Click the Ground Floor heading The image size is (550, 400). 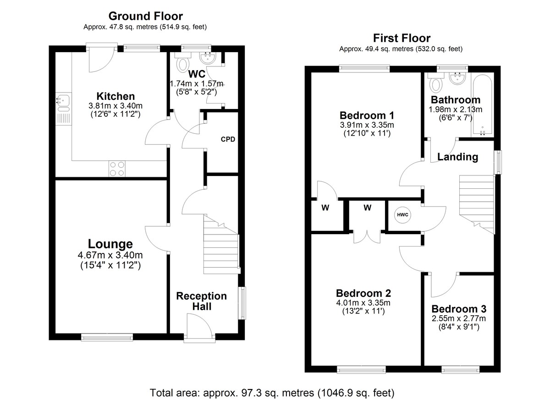tap(146, 16)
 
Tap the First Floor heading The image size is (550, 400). tap(401, 38)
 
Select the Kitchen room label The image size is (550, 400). tap(115, 96)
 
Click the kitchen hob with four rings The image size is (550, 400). tap(117, 169)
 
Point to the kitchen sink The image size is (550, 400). tap(63, 103)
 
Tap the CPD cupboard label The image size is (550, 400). tap(228, 139)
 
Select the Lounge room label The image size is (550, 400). tap(110, 244)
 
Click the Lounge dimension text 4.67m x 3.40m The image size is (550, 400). tap(110, 255)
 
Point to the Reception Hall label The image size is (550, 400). tap(202, 301)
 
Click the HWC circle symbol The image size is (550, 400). tap(403, 215)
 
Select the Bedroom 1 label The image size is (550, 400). tap(367, 115)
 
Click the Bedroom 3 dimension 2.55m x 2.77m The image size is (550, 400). tap(459, 318)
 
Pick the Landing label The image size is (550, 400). tap(458, 157)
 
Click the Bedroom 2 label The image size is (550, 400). tap(363, 293)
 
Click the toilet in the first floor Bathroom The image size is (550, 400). tap(436, 82)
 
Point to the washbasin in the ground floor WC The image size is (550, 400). tap(208, 58)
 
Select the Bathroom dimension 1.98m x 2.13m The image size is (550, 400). tap(456, 110)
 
